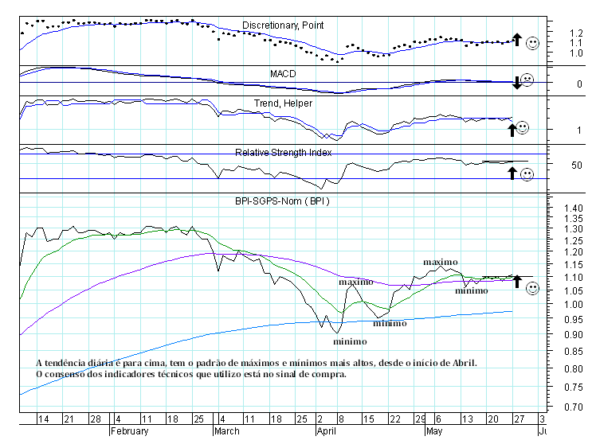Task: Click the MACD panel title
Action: [283, 73]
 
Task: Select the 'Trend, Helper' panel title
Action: [283, 103]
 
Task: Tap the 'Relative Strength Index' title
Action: [283, 152]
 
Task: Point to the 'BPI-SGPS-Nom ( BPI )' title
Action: [283, 201]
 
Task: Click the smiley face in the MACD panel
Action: [527, 80]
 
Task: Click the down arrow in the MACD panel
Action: [516, 82]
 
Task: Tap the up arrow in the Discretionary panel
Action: [516, 39]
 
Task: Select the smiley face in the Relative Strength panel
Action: [527, 174]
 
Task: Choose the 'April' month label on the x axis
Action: [326, 431]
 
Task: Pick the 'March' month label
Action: [228, 431]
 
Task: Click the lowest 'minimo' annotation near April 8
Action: [351, 341]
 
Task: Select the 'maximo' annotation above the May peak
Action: [440, 262]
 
